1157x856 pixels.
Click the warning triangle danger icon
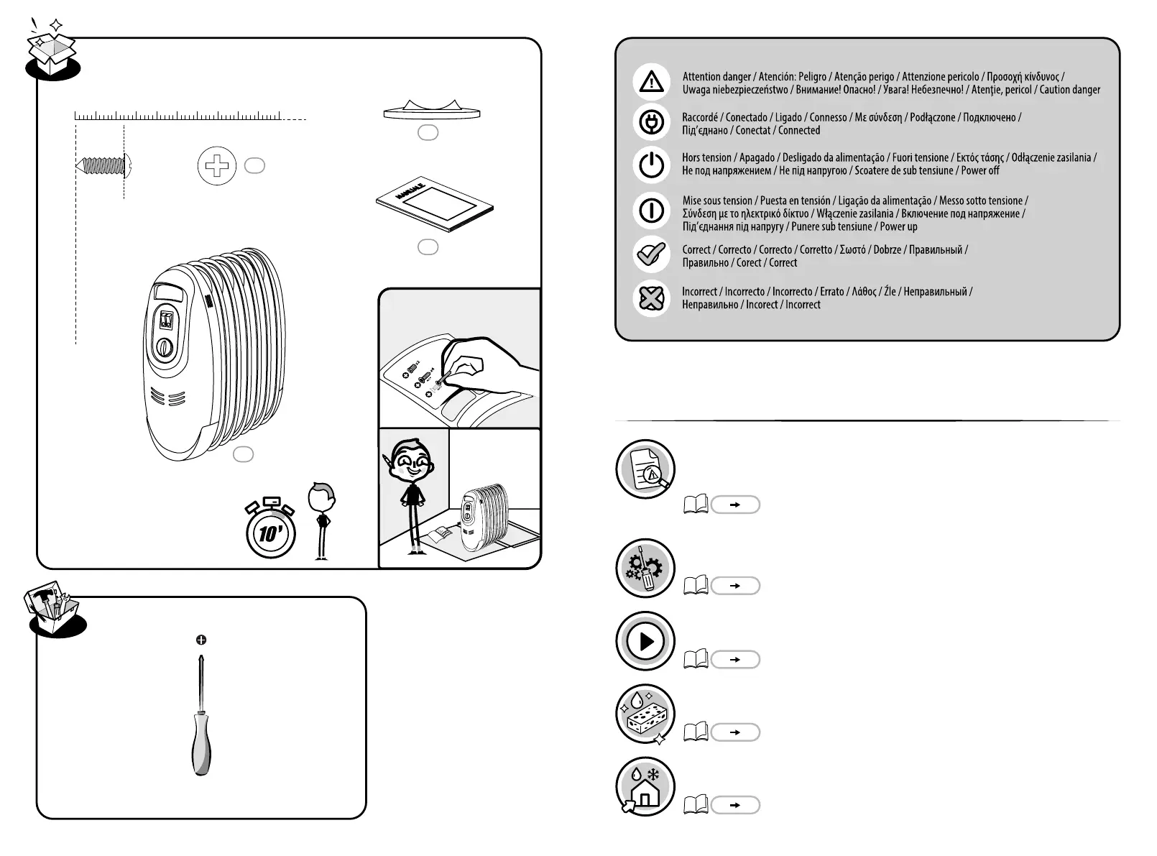[x=651, y=81]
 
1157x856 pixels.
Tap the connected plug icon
[x=651, y=122]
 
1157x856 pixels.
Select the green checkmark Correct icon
[x=651, y=254]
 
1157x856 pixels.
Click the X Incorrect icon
[x=651, y=298]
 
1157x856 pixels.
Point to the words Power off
[x=980, y=170]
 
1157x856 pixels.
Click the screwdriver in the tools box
[x=201, y=719]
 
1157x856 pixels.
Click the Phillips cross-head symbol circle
[x=216, y=167]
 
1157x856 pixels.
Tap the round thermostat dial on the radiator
[x=165, y=348]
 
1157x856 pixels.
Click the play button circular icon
[x=645, y=641]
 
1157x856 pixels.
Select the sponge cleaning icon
[x=645, y=714]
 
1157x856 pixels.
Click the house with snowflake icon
[x=645, y=786]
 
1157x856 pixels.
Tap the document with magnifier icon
[x=645, y=469]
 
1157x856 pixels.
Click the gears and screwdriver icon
[x=645, y=569]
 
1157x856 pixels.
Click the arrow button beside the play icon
[x=734, y=659]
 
